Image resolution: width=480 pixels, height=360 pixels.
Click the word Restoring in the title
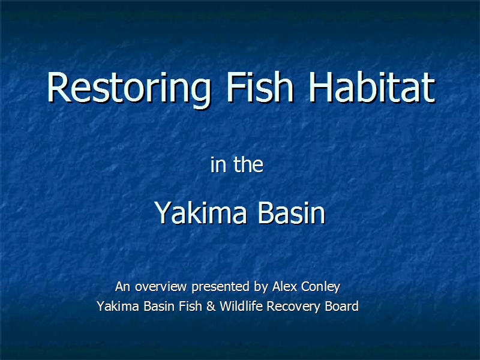(x=129, y=89)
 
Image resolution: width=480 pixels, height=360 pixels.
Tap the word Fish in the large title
(x=260, y=87)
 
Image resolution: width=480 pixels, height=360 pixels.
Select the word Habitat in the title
(x=372, y=87)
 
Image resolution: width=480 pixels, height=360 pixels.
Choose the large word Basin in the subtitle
(x=291, y=212)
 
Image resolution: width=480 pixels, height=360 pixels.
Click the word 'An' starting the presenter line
(x=123, y=287)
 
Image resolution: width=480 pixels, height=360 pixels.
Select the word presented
(x=220, y=287)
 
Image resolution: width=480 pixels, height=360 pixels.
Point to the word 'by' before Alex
(x=261, y=287)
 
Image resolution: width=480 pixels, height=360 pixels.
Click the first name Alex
(x=284, y=287)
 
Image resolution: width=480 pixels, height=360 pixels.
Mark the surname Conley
(x=321, y=287)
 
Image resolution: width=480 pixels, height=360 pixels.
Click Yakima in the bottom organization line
(x=118, y=306)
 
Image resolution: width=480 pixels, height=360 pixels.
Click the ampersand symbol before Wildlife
(x=211, y=307)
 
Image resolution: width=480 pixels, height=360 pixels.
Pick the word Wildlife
(x=241, y=306)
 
